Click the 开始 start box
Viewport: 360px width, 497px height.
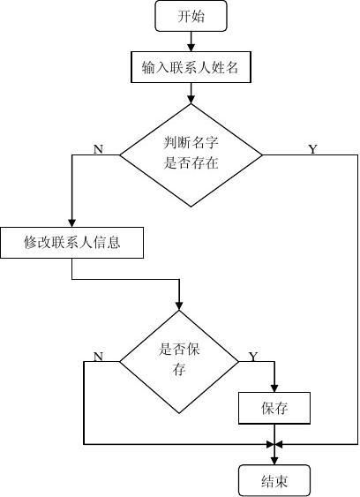pos(191,16)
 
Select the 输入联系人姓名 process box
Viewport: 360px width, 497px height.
pos(191,67)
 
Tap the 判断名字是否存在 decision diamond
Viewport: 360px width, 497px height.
pos(191,155)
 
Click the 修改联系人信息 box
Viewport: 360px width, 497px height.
pos(72,243)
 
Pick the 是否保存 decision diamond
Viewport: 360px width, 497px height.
pos(179,361)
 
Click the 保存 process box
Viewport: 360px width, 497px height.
pos(274,408)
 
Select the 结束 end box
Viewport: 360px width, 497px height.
pos(274,481)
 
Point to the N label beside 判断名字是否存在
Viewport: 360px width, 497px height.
pos(98,148)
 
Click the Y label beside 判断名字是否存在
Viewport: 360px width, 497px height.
pos(312,148)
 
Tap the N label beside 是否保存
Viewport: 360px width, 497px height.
pos(98,357)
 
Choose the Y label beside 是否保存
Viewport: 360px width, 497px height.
pos(253,357)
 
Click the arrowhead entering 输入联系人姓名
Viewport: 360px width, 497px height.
pos(191,48)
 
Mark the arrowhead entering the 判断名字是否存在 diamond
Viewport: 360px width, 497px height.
pos(191,100)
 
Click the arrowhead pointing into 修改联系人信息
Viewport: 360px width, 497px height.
pos(72,222)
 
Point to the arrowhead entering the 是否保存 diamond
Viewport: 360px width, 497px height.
pos(179,305)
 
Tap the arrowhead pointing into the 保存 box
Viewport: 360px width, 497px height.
pos(274,388)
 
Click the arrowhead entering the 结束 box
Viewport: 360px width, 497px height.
pos(274,461)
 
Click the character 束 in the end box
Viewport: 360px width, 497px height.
pos(281,481)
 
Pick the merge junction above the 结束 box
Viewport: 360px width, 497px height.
pos(274,444)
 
